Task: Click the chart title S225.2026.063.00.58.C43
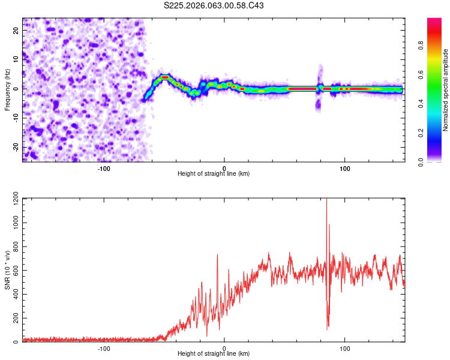tap(214, 5)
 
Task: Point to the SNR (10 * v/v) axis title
tap(7, 271)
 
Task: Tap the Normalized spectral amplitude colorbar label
tap(445, 90)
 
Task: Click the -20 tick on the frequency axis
tap(15, 147)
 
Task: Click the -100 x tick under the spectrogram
tap(104, 167)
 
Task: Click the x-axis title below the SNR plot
tap(214, 355)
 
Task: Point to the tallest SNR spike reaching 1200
tap(326, 201)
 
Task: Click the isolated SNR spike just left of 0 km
tap(217, 255)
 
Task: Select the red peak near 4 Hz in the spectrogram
tap(165, 77)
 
